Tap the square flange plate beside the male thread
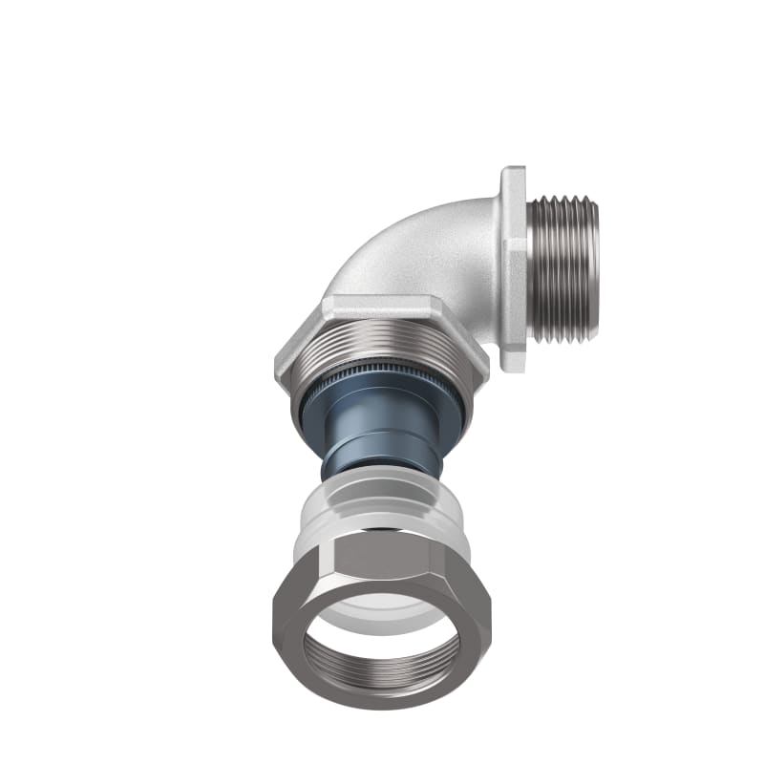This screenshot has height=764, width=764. click(x=515, y=267)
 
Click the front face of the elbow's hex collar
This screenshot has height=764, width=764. click(x=382, y=310)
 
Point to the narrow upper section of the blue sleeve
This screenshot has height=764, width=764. click(x=382, y=449)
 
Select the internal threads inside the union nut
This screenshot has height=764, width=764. click(x=382, y=680)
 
